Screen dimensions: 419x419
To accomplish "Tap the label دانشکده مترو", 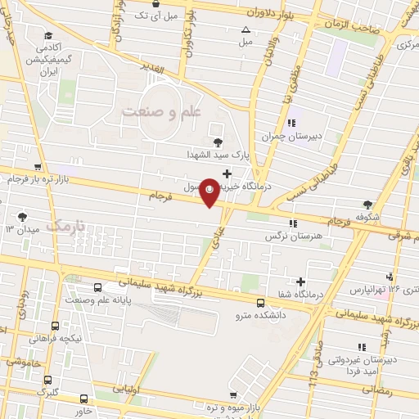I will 259,314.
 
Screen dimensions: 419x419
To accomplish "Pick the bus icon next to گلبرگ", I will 49,381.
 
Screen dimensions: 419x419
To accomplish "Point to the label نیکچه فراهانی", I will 55,338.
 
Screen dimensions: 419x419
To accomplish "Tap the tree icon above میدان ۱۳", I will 21,217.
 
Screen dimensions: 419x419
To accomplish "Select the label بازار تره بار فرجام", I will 41,178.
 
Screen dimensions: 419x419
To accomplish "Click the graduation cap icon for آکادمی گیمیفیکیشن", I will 50,35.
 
